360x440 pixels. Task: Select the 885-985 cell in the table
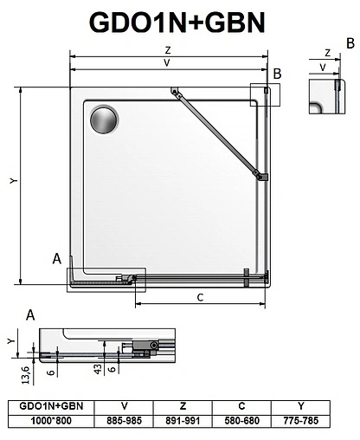point(125,420)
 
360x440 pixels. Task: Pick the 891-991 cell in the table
point(183,420)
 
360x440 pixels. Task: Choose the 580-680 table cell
point(242,420)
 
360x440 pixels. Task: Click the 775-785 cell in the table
point(301,420)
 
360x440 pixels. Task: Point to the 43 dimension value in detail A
point(99,367)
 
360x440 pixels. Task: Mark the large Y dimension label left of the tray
point(11,182)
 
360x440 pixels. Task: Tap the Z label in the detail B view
point(325,52)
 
